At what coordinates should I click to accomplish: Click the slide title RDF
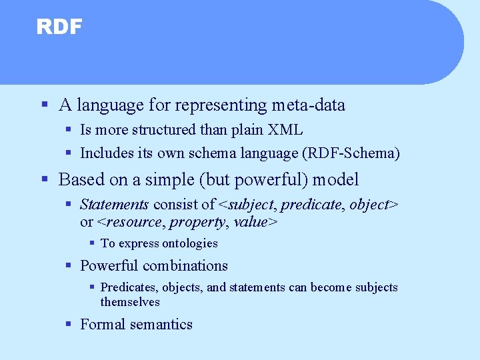pyautogui.click(x=59, y=27)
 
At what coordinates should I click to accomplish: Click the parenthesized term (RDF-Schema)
pyautogui.click(x=351, y=153)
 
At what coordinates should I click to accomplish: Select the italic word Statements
pyautogui.click(x=114, y=205)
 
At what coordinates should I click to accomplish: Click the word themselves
pyautogui.click(x=130, y=302)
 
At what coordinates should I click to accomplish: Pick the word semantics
pyautogui.click(x=162, y=325)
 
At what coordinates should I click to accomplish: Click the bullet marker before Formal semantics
pyautogui.click(x=69, y=325)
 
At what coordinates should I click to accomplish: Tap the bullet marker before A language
pyautogui.click(x=44, y=105)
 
